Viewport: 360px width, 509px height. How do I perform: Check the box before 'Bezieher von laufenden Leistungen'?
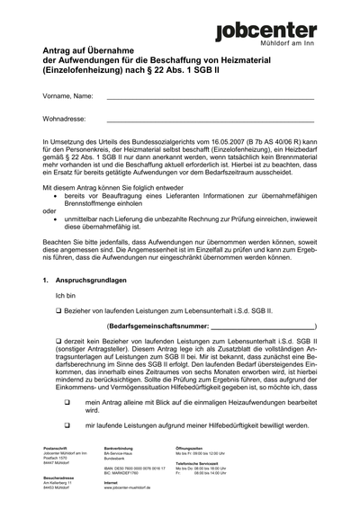pyautogui.click(x=58, y=335)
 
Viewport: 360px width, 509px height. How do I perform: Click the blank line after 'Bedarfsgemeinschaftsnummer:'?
pyautogui.click(x=262, y=351)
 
